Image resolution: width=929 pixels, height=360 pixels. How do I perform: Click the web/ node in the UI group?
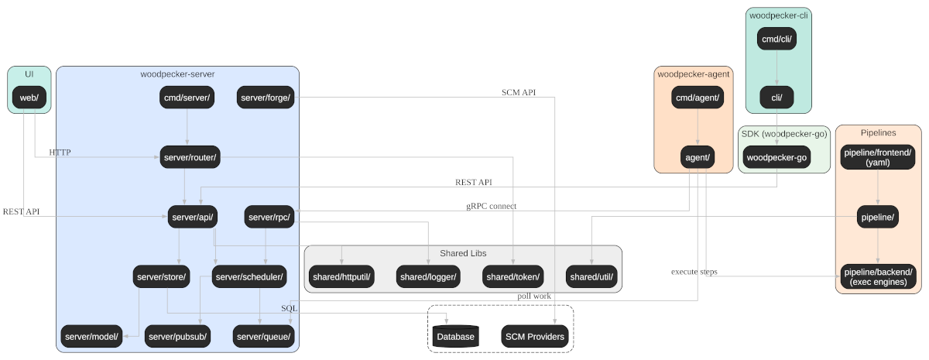coord(29,98)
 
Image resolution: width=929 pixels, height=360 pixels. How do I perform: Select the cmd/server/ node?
coord(187,98)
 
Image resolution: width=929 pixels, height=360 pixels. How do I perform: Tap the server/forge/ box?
coord(266,98)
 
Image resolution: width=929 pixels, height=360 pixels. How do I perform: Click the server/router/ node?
coord(190,157)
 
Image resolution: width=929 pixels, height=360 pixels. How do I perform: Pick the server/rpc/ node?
coord(269,217)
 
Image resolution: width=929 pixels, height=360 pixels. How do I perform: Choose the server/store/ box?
coord(161,276)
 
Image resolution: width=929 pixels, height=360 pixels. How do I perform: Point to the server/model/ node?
coord(91,336)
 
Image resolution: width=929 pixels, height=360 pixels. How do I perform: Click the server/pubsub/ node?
coord(177,336)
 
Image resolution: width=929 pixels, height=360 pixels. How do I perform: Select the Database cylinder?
coord(455,336)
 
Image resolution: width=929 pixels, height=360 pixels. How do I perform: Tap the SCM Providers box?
coord(535,336)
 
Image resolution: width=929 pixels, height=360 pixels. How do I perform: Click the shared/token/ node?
coord(513,276)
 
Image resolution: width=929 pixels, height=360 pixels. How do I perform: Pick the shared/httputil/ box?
coord(341,276)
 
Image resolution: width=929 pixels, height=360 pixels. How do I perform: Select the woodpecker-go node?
coord(776,157)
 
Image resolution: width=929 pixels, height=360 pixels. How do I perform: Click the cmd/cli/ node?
coord(776,39)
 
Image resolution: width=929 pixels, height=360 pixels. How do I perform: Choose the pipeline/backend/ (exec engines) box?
coord(879,276)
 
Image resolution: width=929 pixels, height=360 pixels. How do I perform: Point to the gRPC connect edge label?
coord(492,206)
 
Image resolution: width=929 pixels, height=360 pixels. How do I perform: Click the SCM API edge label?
coord(519,92)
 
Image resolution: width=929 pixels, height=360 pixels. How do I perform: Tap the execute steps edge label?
coord(694,272)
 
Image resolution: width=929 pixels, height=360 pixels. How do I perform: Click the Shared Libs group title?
coord(463,253)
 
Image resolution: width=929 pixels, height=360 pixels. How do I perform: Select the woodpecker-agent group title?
coord(694,74)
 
